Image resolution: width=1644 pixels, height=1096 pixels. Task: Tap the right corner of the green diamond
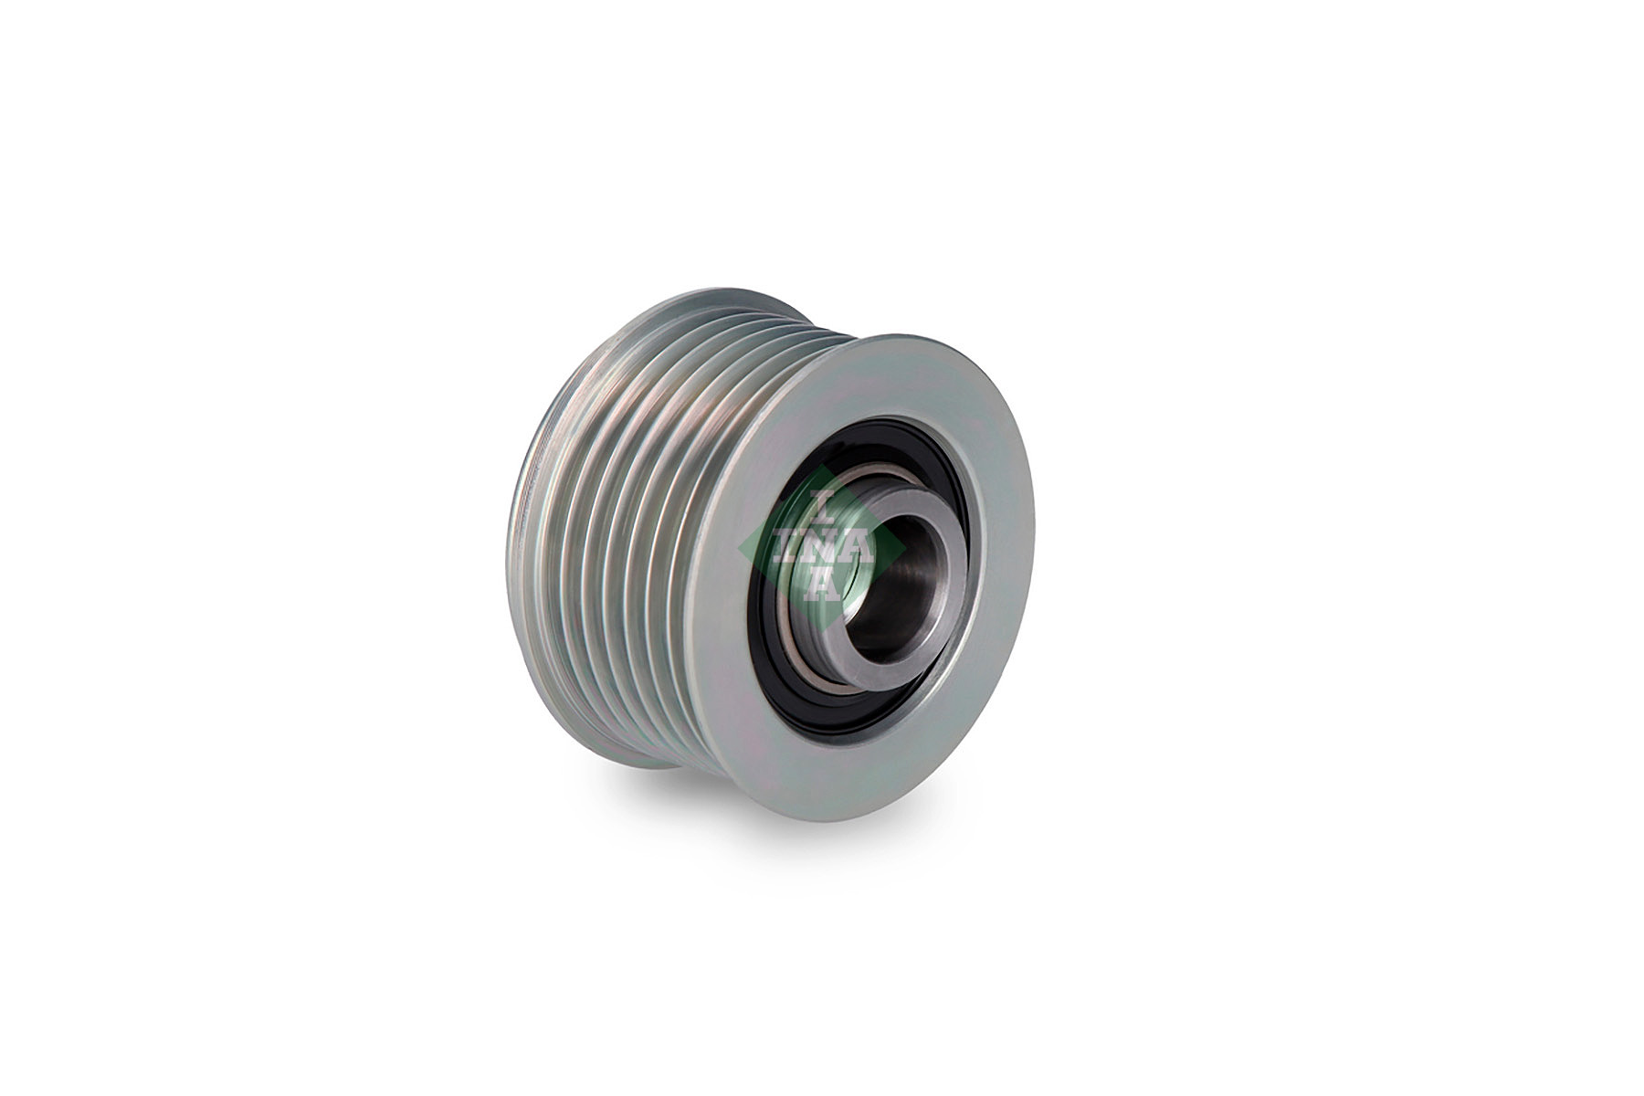905,548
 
